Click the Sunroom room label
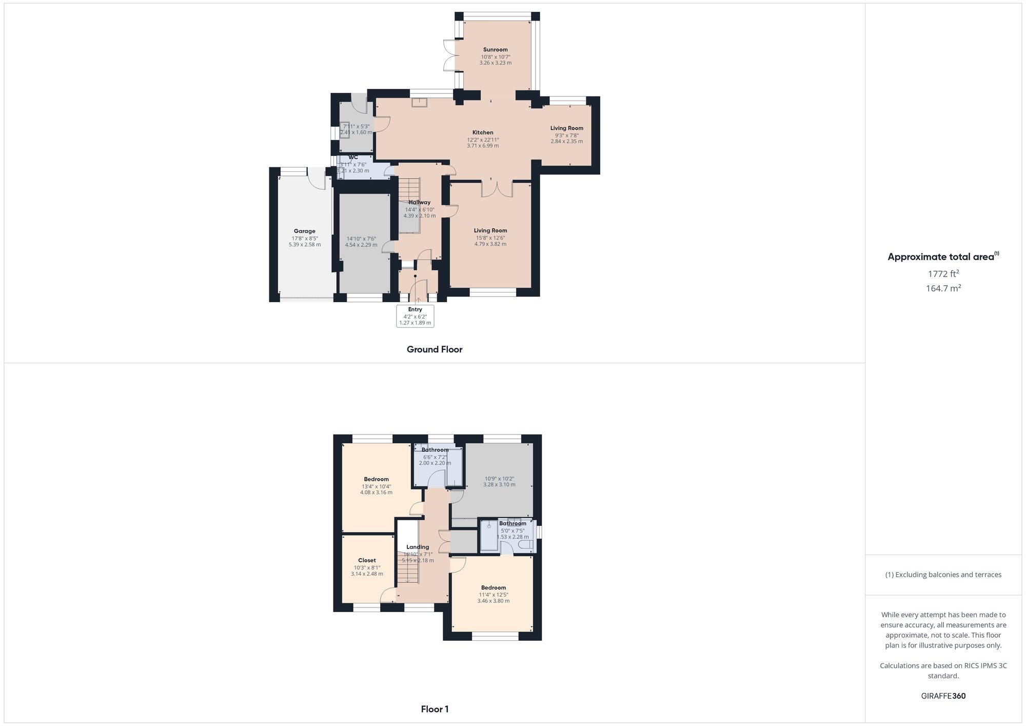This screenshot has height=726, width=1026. [x=495, y=50]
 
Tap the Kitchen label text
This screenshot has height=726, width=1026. [x=483, y=132]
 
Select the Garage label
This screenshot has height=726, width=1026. [x=304, y=231]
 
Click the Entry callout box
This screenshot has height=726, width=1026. [x=415, y=316]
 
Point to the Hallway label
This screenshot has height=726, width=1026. [x=419, y=202]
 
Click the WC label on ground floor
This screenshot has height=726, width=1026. [x=353, y=158]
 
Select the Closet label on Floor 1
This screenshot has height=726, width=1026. [x=367, y=560]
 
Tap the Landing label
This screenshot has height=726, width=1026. [x=418, y=547]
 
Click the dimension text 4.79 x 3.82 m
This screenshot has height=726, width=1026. [x=490, y=244]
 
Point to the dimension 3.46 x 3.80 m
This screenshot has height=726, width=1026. [x=493, y=601]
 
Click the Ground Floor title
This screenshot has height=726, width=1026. [x=435, y=349]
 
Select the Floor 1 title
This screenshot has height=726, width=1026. [x=435, y=709]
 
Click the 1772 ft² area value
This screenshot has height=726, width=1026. [x=943, y=273]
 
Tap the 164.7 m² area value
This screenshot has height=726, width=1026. [x=943, y=288]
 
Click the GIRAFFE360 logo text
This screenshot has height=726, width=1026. [x=943, y=696]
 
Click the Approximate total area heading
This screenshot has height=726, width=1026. [x=943, y=257]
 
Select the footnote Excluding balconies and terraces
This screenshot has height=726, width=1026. [x=943, y=575]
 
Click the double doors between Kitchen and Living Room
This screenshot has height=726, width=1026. [x=497, y=189]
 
